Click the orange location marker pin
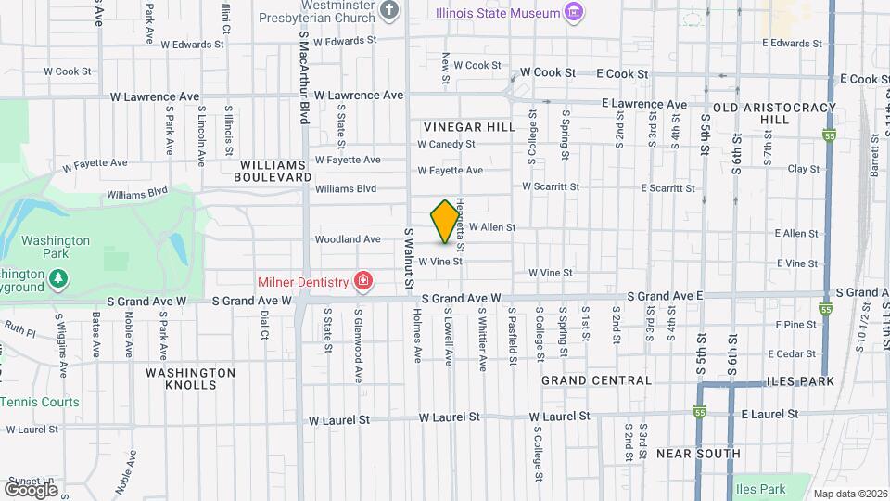(445, 222)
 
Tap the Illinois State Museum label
(499, 13)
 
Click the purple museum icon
(575, 13)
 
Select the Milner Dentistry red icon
(362, 281)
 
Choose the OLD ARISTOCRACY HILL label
(763, 113)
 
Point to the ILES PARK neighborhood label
(800, 381)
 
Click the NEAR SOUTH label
(697, 454)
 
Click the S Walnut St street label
(406, 260)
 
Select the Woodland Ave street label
(348, 239)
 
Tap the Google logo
(31, 489)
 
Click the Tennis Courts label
(40, 402)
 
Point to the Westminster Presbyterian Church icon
(389, 11)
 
